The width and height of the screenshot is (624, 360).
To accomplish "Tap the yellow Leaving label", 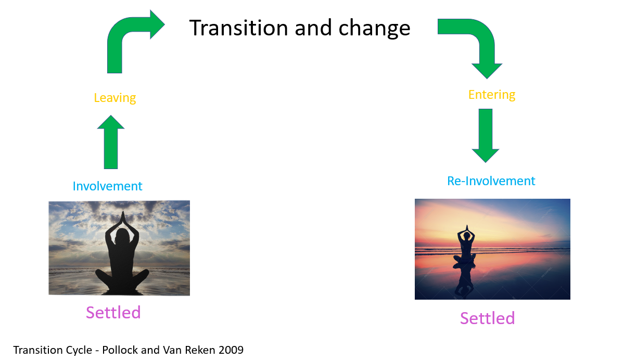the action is pos(114,98).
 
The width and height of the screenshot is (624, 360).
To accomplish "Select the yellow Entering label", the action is pos(492,95).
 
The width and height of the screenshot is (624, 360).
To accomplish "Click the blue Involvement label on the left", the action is pos(107,186).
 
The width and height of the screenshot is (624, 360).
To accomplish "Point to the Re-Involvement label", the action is pos(491,181).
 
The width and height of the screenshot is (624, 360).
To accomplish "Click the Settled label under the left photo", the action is pos(113,313).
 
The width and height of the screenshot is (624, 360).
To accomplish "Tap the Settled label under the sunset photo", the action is pos(488,318).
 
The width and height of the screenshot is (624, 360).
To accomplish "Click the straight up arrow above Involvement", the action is pos(111,142).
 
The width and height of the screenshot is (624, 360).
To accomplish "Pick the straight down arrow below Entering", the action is pos(486,136).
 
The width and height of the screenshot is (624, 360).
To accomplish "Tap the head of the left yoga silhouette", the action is pos(122,237).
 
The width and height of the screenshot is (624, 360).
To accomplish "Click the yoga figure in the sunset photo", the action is pos(466,244).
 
